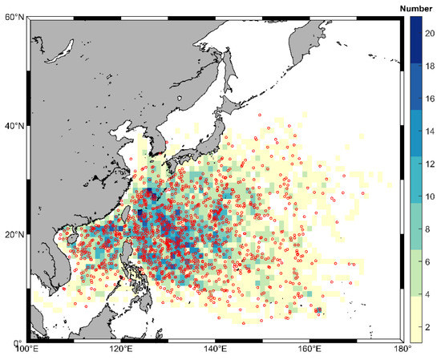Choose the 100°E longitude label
tap(28, 350)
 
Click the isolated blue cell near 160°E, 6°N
tap(318, 310)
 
